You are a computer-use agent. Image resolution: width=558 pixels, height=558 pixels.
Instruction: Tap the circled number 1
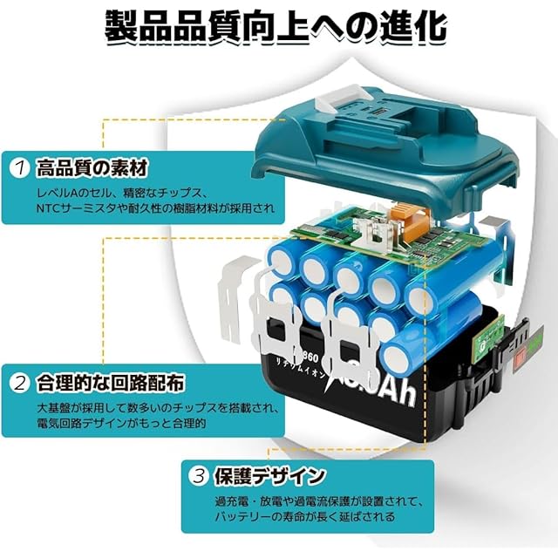coord(20,166)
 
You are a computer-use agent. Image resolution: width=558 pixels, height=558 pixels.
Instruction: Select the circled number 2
coord(20,382)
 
